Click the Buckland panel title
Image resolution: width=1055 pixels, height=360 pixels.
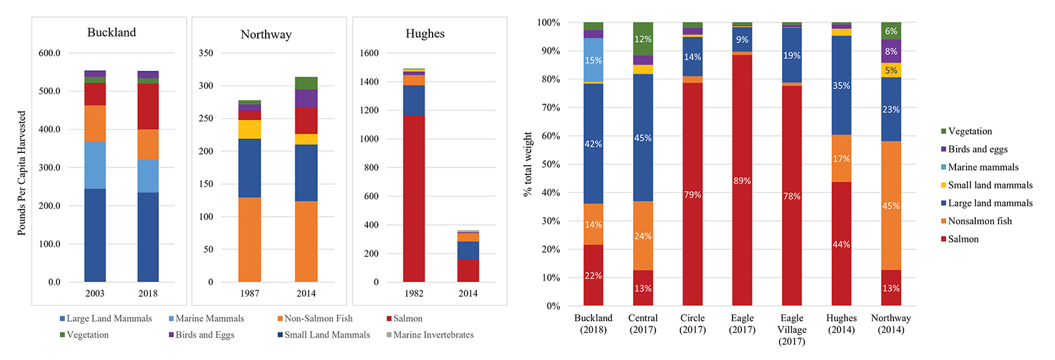click(111, 32)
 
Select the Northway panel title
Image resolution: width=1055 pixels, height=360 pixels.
click(266, 34)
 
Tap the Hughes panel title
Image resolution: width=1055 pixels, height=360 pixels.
click(425, 34)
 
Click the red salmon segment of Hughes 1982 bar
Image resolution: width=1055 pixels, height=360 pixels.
click(414, 198)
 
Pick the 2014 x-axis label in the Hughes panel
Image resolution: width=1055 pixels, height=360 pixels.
click(468, 293)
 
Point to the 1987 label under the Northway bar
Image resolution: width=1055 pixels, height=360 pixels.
click(249, 293)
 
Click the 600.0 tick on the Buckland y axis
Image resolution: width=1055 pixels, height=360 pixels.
click(49, 53)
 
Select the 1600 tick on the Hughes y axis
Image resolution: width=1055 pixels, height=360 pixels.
click(369, 53)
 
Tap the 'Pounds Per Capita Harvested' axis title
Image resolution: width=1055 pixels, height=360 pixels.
click(22, 173)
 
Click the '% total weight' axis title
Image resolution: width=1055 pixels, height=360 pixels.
click(527, 164)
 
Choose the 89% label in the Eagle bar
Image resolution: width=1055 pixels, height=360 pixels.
click(742, 181)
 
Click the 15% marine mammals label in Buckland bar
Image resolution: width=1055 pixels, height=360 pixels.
click(593, 60)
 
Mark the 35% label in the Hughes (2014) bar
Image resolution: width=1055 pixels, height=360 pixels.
click(841, 86)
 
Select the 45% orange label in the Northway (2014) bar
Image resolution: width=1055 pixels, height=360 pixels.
click(891, 206)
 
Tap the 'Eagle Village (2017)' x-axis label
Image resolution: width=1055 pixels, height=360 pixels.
click(792, 329)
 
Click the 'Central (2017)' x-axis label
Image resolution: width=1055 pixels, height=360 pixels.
click(643, 324)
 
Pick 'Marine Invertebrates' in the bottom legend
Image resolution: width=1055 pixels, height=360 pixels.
click(433, 335)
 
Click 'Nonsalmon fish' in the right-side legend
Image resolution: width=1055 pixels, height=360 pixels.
click(980, 221)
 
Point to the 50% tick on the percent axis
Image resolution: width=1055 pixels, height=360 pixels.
click(549, 164)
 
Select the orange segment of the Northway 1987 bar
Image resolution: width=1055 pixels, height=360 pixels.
click(249, 239)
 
